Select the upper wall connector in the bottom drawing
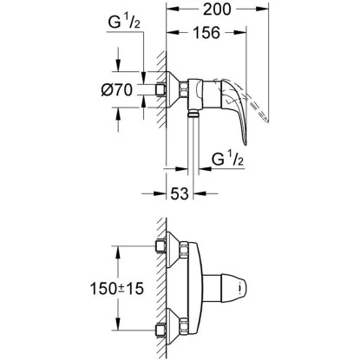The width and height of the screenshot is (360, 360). click(161, 246)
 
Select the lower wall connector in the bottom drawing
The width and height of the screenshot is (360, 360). click(161, 333)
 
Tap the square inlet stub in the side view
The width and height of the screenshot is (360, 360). click(162, 89)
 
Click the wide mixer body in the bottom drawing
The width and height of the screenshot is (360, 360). click(191, 290)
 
